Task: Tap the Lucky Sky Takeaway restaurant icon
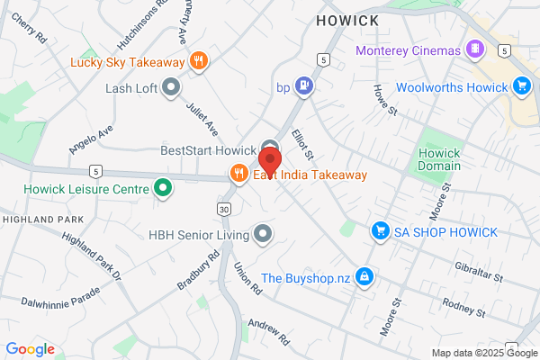point(200,61)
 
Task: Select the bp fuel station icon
point(306,87)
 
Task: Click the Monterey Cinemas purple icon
point(474,49)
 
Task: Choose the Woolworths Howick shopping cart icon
point(521,86)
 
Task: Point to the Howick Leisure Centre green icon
point(163,188)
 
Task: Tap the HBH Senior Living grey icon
point(263,235)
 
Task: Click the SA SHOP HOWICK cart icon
point(381,232)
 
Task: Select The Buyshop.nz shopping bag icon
point(364,276)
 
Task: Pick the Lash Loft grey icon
point(172,87)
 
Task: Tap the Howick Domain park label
point(439,158)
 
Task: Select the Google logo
point(30,349)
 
